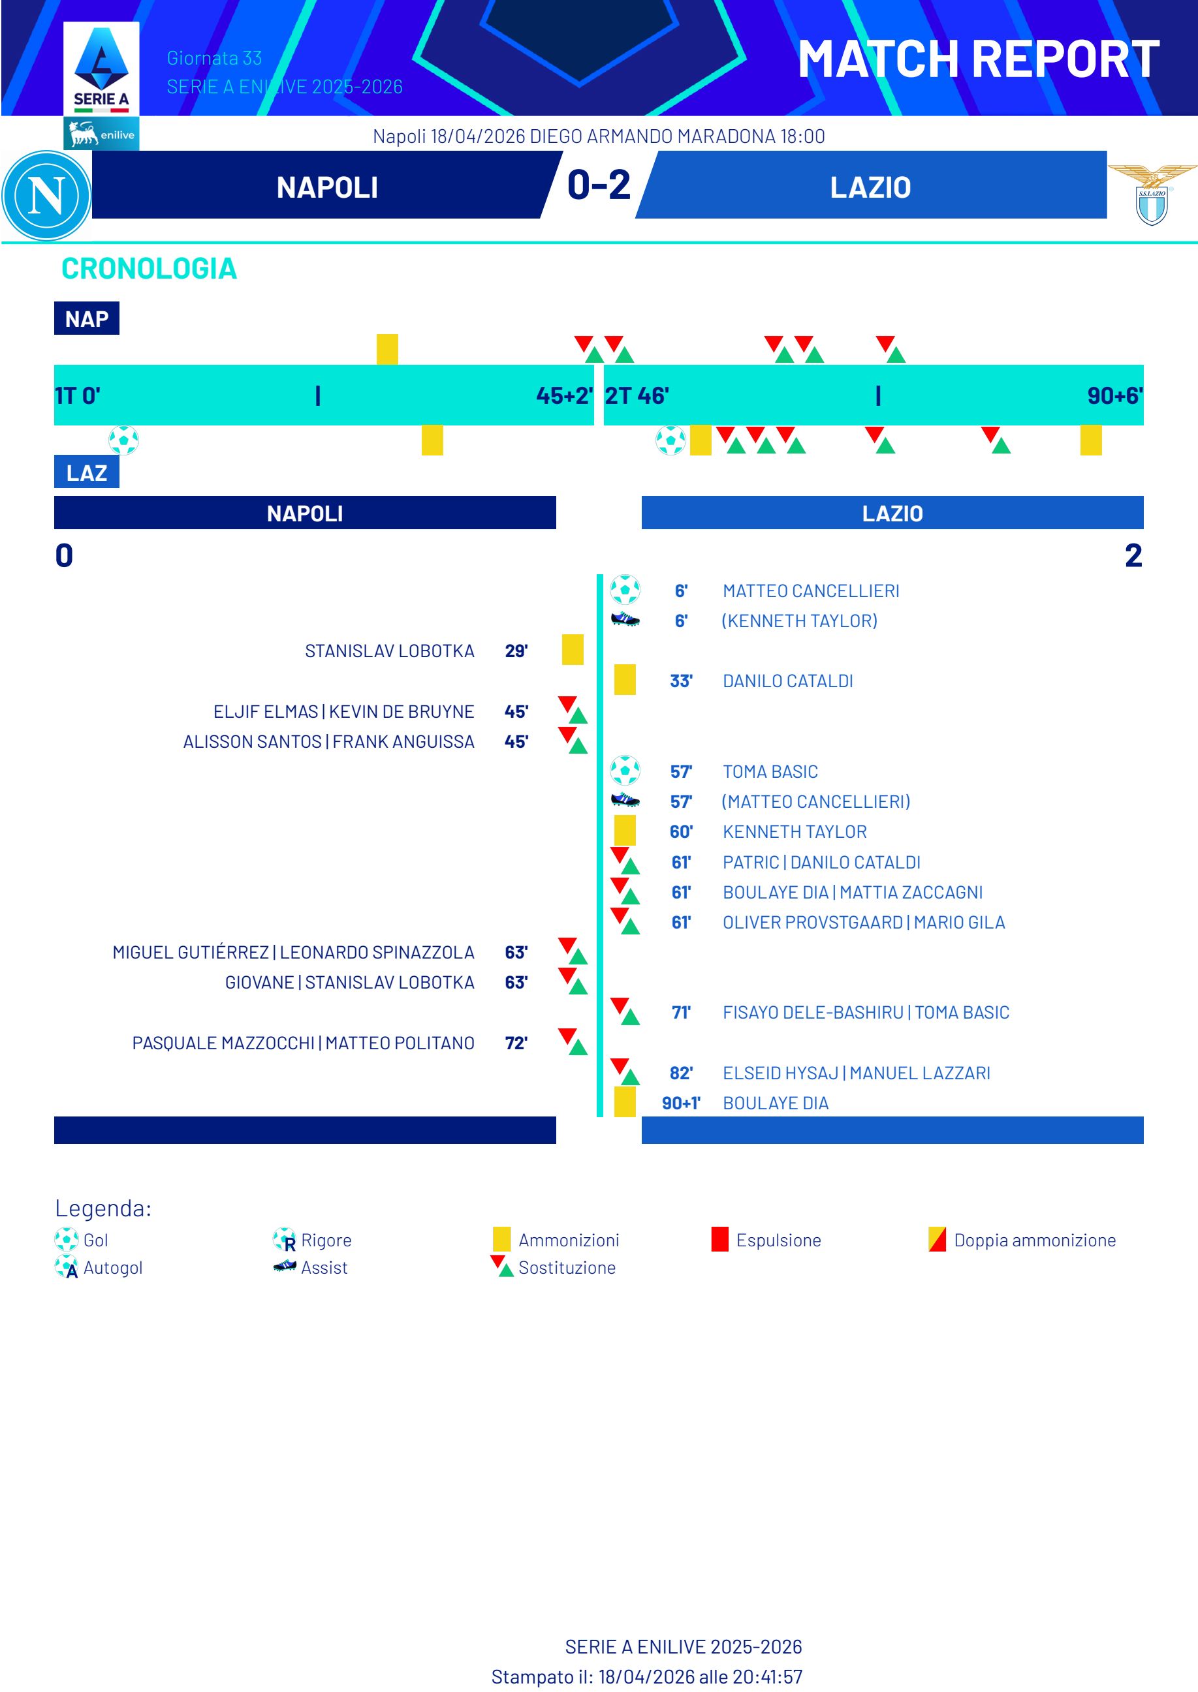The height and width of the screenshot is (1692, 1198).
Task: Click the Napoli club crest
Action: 46,195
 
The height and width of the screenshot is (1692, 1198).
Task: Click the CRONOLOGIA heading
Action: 149,269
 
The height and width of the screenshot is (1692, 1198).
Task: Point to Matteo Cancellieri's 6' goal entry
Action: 810,591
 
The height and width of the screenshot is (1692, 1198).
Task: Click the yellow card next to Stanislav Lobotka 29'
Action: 573,649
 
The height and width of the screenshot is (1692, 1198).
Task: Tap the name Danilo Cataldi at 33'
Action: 787,681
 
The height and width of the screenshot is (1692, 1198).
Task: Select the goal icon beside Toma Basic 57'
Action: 625,771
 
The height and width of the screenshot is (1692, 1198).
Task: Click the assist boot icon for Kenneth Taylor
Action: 625,620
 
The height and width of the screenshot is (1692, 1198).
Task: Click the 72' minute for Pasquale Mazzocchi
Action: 516,1043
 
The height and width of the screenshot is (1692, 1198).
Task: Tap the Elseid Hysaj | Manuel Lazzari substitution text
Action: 856,1073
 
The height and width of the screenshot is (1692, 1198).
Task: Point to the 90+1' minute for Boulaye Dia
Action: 680,1103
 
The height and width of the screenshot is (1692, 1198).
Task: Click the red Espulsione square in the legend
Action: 719,1239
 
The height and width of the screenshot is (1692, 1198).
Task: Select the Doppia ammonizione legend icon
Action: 937,1239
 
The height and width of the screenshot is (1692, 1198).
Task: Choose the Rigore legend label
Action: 326,1240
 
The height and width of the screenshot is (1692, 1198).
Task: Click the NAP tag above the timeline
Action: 86,318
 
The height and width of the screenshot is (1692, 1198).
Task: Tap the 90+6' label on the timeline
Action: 1114,396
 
